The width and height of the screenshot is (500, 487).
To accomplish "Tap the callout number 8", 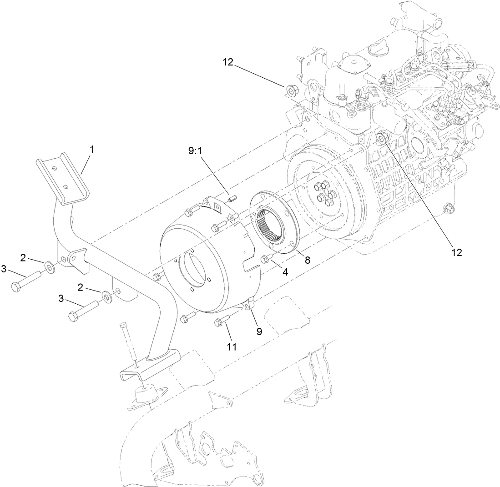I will (x=308, y=260).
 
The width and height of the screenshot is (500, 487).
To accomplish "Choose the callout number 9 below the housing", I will (x=259, y=331).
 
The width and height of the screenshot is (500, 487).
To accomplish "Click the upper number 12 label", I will (x=228, y=63).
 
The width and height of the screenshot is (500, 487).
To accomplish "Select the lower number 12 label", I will (x=456, y=253).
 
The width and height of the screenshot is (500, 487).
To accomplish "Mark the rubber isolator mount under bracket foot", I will (x=146, y=395).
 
